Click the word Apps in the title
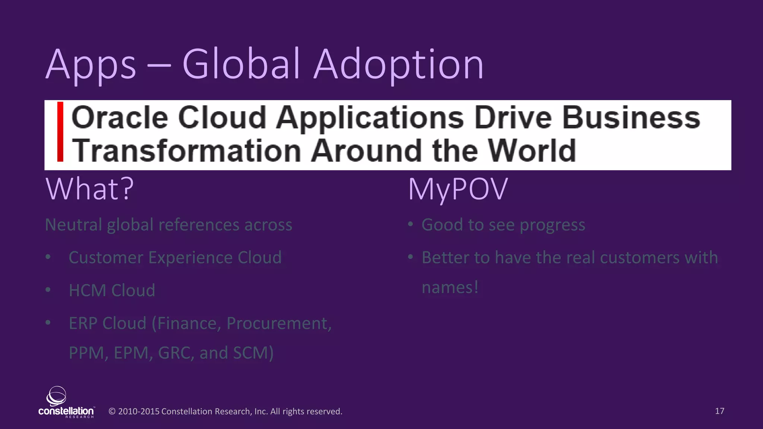pos(91,65)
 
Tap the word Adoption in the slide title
pos(399,65)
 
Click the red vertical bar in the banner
pos(60,131)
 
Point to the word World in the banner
pos(532,150)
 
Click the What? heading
pos(89,189)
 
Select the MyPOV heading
pos(458,189)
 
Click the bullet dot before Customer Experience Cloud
pos(48,257)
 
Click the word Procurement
pos(279,323)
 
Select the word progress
pos(552,225)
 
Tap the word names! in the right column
pos(450,287)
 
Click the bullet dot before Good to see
pos(410,225)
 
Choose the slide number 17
pos(719,411)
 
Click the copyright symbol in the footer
pos(112,411)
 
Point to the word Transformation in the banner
pos(186,150)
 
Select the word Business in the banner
pos(631,118)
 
